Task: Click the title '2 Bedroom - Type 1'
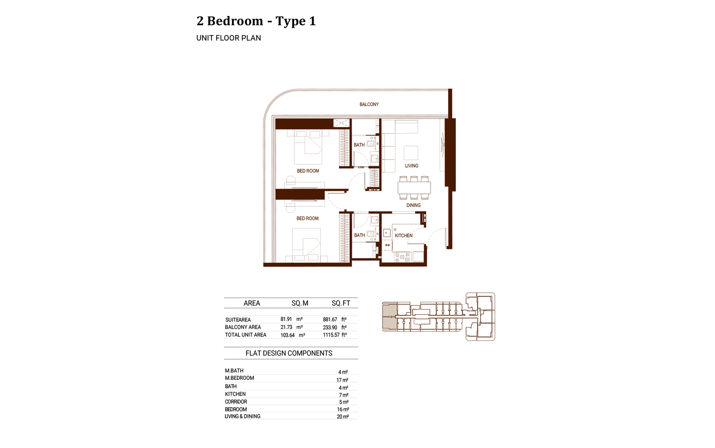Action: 256,21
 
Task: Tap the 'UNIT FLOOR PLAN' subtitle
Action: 228,38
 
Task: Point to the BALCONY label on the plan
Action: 369,104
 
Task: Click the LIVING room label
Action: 411,166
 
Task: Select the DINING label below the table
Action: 413,205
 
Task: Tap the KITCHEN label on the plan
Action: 403,236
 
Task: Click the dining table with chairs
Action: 414,188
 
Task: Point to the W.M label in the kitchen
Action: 387,245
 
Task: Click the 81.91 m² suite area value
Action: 291,319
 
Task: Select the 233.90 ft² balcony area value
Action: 334,328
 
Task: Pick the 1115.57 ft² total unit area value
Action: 334,335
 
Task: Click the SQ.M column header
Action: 300,303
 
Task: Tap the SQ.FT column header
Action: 341,303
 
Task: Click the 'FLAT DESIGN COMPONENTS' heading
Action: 289,353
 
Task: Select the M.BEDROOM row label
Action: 239,378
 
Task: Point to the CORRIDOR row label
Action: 236,402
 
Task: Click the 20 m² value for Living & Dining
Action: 343,417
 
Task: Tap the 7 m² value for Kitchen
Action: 343,395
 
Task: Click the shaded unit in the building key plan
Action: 389,317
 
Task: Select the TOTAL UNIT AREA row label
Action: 245,335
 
